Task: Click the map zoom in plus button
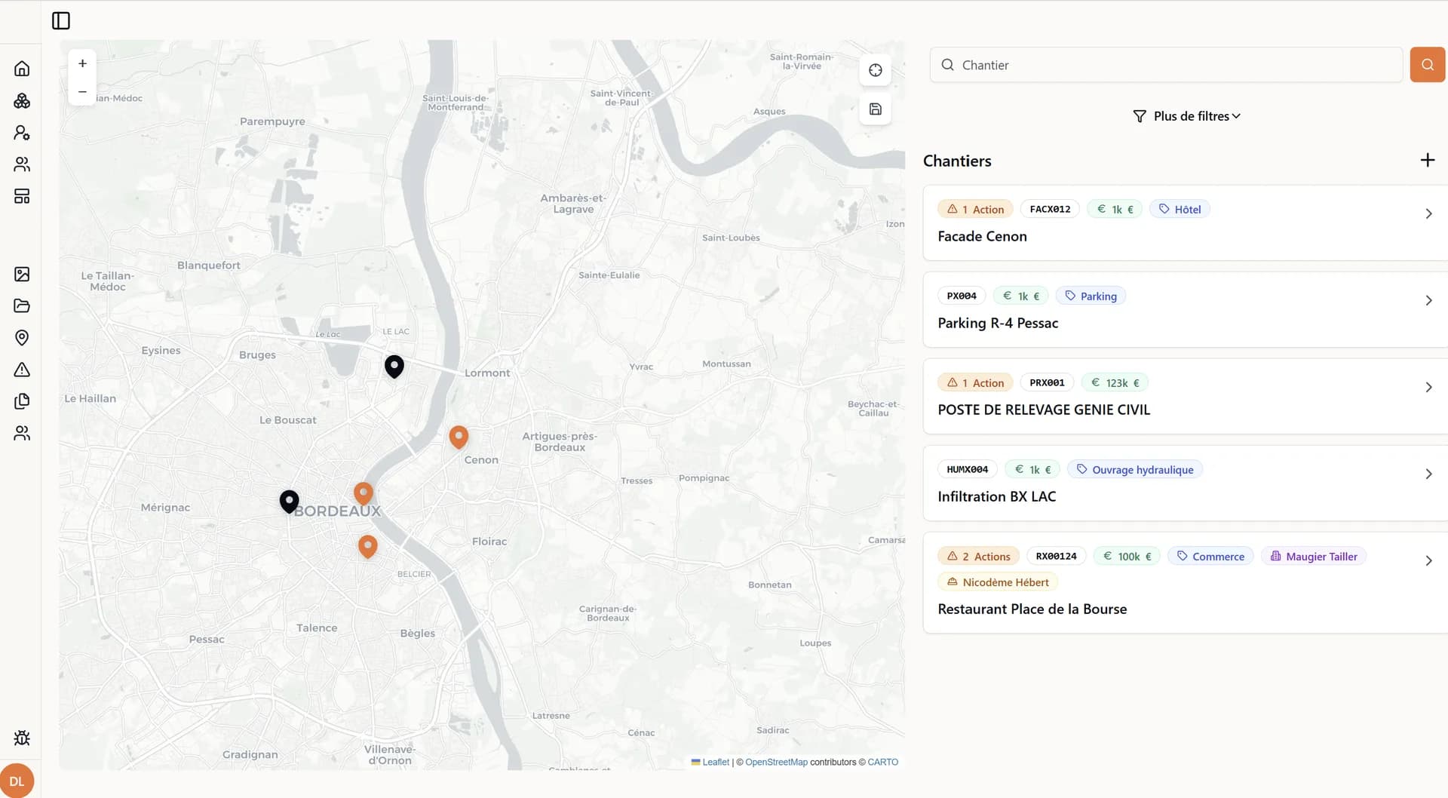82,64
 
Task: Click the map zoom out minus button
82,92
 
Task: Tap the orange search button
1427,65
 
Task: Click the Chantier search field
1166,65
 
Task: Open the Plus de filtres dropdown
1186,116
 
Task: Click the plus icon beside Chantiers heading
1427,160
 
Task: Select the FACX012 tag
1050,210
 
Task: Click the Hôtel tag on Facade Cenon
1180,210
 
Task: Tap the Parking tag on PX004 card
1091,296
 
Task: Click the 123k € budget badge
1115,383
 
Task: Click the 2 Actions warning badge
978,557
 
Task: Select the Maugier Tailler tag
1313,557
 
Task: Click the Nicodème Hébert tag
998,582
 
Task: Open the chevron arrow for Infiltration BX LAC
1428,474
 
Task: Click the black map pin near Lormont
394,366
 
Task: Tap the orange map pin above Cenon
459,436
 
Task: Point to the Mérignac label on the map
165,508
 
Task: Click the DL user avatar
17,781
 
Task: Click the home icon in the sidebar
22,69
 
